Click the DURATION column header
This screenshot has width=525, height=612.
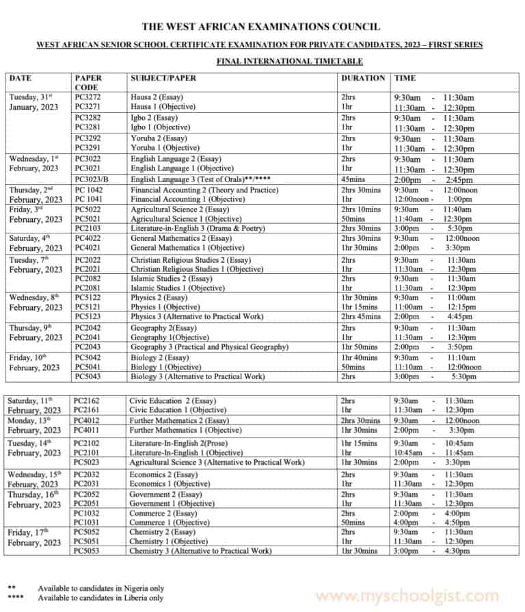(x=362, y=78)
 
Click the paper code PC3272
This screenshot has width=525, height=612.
(x=89, y=97)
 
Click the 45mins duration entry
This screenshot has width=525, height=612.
(x=354, y=179)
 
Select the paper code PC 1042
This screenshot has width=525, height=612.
(x=90, y=190)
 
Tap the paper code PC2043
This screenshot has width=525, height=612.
(x=89, y=347)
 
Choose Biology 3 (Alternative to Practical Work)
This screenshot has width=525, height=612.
(x=198, y=377)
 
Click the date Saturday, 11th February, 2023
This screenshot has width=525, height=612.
(x=35, y=405)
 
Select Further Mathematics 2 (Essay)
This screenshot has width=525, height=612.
(x=179, y=420)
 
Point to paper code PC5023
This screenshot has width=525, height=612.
(x=89, y=462)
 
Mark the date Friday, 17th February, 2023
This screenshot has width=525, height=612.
(x=35, y=537)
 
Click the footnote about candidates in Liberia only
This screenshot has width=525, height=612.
(x=100, y=598)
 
